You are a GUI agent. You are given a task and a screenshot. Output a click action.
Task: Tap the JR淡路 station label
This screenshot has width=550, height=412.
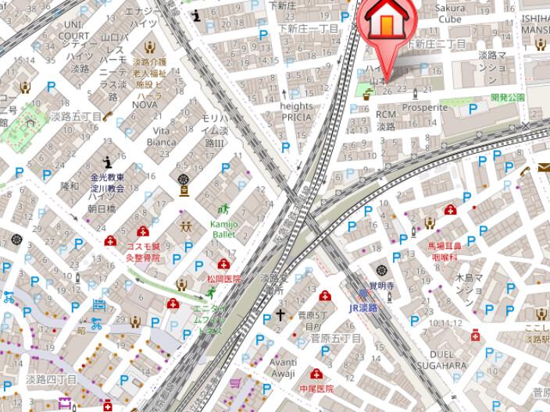click(363, 307)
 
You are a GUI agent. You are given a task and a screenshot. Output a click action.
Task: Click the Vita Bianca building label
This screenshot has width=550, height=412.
click(165, 136)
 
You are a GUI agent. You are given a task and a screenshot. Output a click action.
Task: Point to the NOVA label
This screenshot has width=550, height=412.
click(145, 104)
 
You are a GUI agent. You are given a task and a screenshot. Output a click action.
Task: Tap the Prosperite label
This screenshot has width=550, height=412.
click(425, 107)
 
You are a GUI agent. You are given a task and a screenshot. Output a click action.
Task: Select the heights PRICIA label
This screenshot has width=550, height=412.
click(295, 112)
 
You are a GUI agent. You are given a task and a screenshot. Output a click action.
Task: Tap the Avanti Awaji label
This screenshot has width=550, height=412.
click(284, 367)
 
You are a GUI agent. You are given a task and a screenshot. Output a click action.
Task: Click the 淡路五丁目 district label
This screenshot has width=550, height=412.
click(77, 115)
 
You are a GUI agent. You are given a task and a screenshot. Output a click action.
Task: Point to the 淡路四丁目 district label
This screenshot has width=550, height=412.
click(51, 379)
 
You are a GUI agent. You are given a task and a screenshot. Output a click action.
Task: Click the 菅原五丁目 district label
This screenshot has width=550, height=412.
click(335, 339)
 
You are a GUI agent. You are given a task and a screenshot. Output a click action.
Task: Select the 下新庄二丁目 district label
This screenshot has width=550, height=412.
click(439, 43)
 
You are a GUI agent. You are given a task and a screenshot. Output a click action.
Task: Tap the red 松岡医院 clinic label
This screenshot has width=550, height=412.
click(223, 279)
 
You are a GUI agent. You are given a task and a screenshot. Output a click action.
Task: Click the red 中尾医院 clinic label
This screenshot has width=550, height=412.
click(316, 388)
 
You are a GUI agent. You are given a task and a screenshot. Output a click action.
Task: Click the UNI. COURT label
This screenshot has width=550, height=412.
click(73, 30)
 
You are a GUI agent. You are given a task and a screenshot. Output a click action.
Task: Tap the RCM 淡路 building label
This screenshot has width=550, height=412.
click(386, 119)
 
